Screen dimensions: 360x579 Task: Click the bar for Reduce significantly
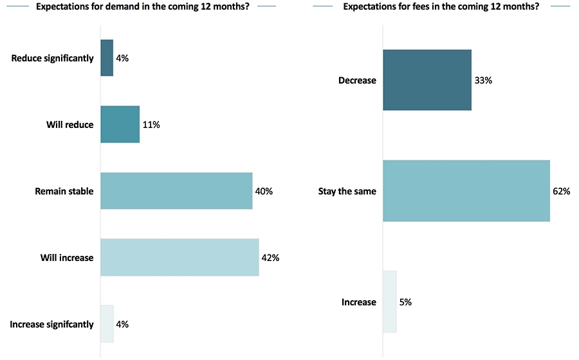tap(107, 58)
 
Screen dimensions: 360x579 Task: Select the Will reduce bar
tap(120, 124)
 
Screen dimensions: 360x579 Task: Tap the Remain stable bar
tap(176, 191)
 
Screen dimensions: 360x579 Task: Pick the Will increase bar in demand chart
tap(179, 257)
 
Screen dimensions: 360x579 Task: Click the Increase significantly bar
tap(107, 324)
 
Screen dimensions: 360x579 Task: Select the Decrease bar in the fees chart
tap(427, 80)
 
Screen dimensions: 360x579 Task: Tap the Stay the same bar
tap(466, 191)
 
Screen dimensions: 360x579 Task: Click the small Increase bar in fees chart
tap(390, 301)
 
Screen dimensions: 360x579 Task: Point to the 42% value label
tap(270, 258)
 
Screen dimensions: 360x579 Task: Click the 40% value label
tap(264, 191)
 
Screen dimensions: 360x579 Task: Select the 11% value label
tap(151, 125)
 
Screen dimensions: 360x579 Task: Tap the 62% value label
tap(562, 191)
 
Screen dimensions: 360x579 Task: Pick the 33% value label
tap(483, 80)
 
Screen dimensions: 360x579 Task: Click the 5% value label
tap(405, 302)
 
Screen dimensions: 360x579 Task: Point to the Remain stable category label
tap(64, 191)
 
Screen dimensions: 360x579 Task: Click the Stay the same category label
tap(347, 191)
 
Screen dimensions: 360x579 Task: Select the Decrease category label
tap(357, 80)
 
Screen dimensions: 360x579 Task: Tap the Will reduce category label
tap(70, 125)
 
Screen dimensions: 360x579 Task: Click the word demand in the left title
tap(130, 7)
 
